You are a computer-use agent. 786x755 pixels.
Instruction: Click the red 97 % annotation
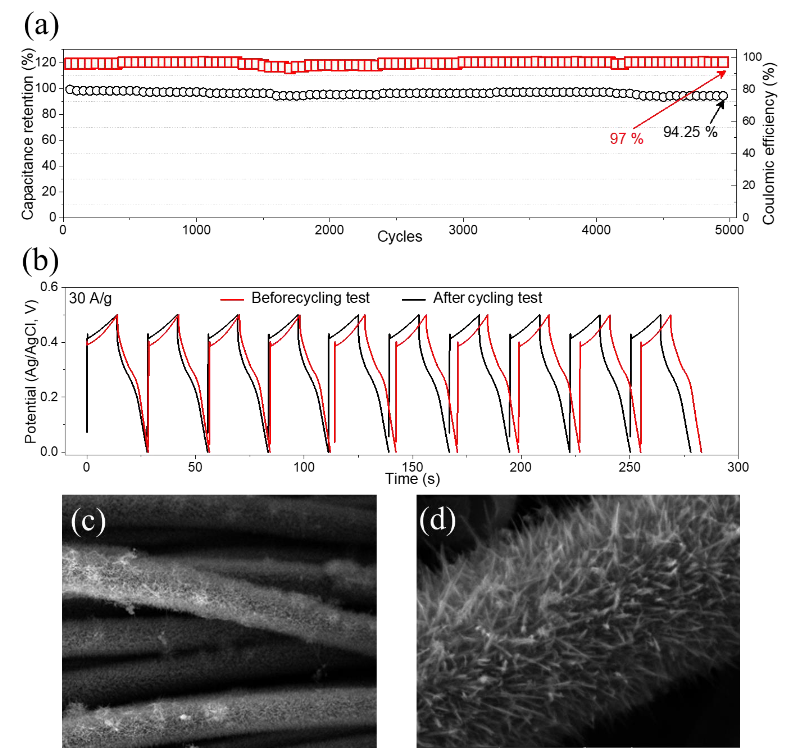pos(626,139)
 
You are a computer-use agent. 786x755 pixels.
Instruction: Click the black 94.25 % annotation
pos(690,132)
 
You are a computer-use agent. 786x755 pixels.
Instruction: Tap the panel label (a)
pos(41,26)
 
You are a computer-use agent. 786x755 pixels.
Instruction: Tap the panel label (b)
pos(41,261)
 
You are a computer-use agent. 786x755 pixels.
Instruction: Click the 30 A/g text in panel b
pos(90,298)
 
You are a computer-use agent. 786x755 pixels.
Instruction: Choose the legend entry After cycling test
pos(487,298)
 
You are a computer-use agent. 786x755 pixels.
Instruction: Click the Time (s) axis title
pos(412,479)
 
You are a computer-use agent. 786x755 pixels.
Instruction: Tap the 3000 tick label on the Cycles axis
pos(463,230)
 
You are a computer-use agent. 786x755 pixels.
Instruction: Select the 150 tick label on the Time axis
pos(413,467)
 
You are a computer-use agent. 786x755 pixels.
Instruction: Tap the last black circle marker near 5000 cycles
pos(723,96)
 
